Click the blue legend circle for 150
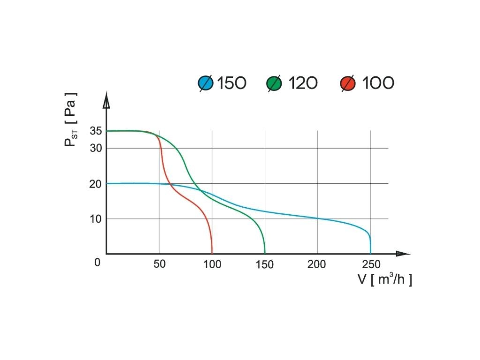click(x=206, y=83)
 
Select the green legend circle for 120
click(x=274, y=83)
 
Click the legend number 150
click(x=232, y=83)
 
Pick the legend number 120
click(x=302, y=83)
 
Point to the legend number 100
click(x=378, y=83)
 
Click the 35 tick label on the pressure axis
click(x=96, y=131)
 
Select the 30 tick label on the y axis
click(x=96, y=149)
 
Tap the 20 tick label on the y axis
click(x=96, y=184)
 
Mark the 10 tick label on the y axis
click(x=96, y=219)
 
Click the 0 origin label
click(x=97, y=262)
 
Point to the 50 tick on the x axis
click(x=159, y=264)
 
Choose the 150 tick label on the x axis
click(x=265, y=264)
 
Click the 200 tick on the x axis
click(x=317, y=264)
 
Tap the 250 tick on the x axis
click(x=370, y=264)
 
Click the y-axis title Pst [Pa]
click(x=70, y=120)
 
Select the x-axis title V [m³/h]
click(x=385, y=280)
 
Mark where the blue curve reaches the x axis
click(x=370, y=253)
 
